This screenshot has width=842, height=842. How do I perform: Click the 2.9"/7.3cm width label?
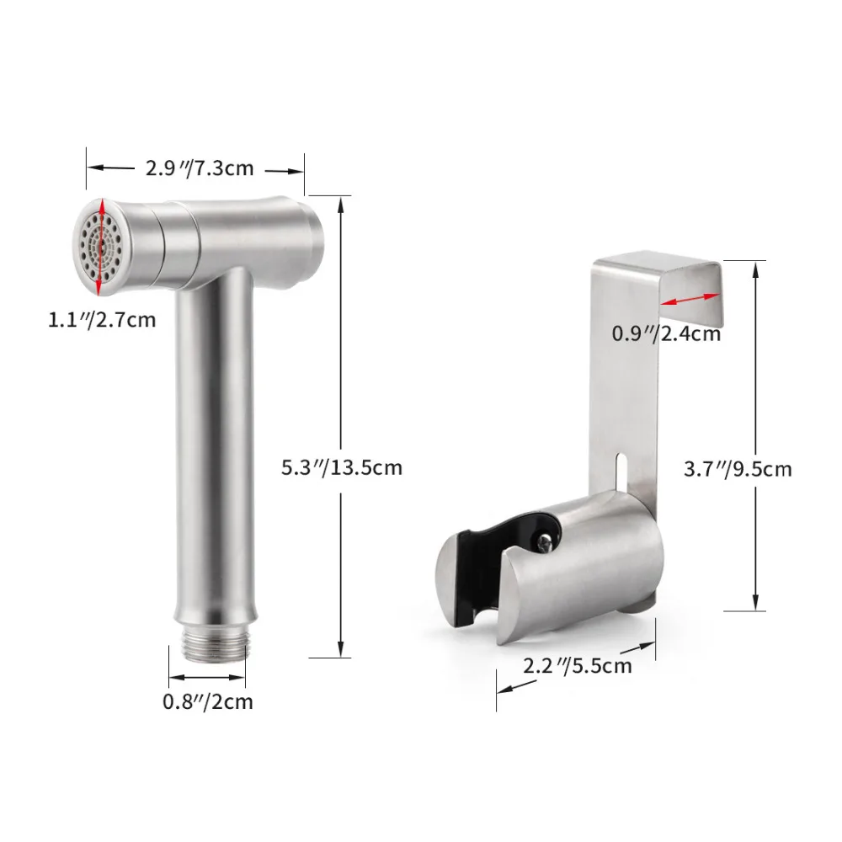pos(200,168)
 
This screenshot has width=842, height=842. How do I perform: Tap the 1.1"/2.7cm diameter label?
pos(102,320)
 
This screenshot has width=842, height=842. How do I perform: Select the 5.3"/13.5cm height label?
pos(342,467)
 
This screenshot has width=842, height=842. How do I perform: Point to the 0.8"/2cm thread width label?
pos(208,702)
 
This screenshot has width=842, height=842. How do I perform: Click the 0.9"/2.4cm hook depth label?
pos(666,334)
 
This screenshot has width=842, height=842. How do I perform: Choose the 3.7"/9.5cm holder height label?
pos(738,469)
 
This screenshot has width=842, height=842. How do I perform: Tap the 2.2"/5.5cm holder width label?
pos(578,666)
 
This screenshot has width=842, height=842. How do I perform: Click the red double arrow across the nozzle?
pos(100,247)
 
